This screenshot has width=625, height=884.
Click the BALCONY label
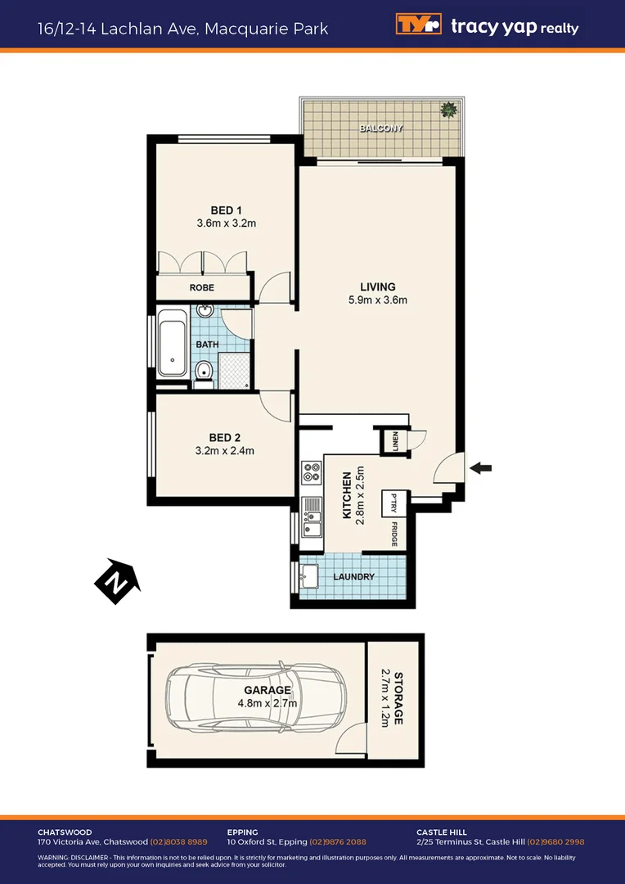point(381,129)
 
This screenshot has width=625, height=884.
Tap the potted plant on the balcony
point(448,110)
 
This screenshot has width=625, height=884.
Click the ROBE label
point(202,288)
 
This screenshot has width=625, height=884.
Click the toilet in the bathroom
point(204,372)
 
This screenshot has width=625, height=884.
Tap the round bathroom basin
point(205,311)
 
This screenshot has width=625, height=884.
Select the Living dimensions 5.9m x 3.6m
point(377,300)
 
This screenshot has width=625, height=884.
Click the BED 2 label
point(225,437)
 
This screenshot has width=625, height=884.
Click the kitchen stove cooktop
point(312,472)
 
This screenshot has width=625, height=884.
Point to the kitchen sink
point(312,517)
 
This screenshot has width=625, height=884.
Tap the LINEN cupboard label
point(394,441)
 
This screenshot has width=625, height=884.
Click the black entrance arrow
point(481,468)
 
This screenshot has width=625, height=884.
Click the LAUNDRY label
point(354,577)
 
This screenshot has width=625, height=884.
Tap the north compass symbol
point(115,582)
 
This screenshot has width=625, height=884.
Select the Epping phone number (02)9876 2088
point(338,841)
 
